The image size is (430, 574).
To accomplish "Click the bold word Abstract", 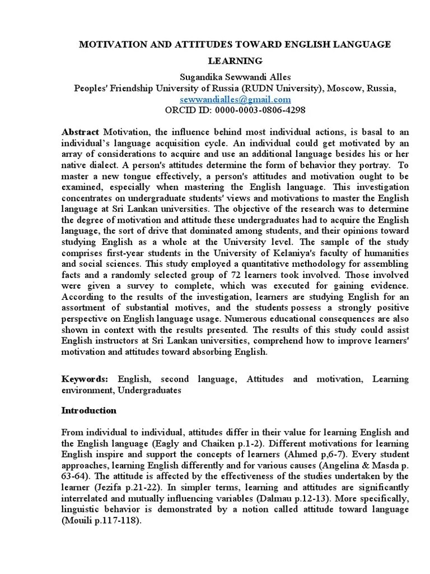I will point(80,132).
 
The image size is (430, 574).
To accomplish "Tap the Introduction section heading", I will point(88,410).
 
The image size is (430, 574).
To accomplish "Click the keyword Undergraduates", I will point(151,390).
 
